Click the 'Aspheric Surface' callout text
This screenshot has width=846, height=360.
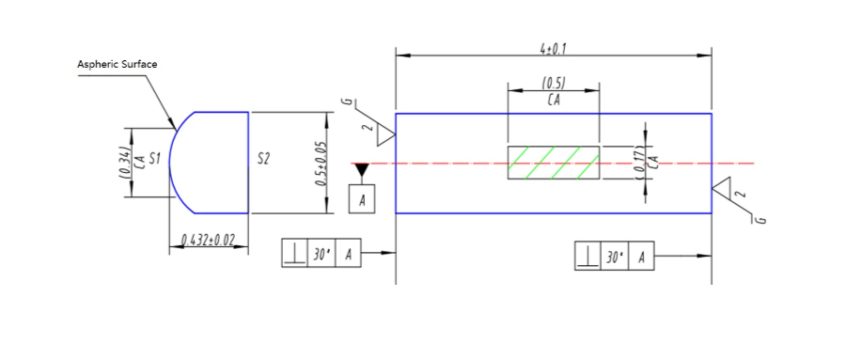117,64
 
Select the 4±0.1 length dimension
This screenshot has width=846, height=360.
553,49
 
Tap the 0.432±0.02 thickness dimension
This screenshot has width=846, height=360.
208,240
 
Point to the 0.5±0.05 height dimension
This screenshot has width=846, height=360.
321,163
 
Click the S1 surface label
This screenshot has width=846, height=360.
155,159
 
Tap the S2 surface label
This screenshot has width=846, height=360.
263,159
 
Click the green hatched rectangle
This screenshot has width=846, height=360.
554,163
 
